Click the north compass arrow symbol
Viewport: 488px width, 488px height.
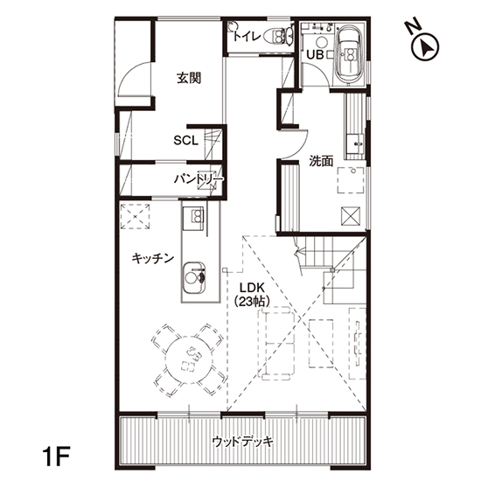coord(425,47)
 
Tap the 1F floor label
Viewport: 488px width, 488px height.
coord(56,456)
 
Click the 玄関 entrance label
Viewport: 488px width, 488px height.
coord(189,78)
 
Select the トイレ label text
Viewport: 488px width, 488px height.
coord(247,37)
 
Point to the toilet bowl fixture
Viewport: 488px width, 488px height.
coord(279,35)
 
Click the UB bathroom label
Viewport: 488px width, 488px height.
coord(315,55)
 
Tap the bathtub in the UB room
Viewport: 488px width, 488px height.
coord(348,55)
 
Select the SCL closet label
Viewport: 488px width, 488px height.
coord(185,140)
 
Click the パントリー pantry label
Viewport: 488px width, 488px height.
coord(199,179)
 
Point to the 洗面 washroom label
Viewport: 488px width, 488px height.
coord(321,161)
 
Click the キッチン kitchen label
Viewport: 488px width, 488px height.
coord(152,258)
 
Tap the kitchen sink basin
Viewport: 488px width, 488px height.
coord(194,277)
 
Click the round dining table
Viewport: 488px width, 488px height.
coord(189,359)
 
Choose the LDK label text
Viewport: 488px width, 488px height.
coord(252,287)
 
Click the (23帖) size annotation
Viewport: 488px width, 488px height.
coord(252,301)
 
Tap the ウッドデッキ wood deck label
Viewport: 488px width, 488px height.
coord(243,442)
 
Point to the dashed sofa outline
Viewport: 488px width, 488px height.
coord(276,344)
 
